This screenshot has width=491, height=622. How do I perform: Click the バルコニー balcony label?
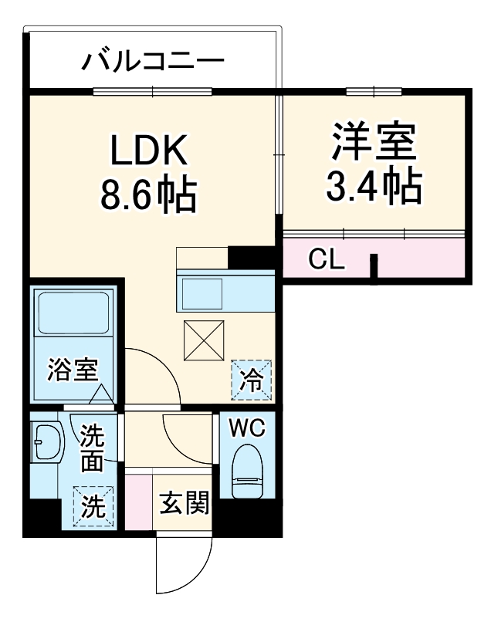point(153,59)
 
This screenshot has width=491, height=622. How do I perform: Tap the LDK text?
point(147,152)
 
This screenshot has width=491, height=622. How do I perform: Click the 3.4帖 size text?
point(374,185)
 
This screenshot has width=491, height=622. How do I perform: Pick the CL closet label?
point(325,259)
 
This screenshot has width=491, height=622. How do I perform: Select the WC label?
point(246,425)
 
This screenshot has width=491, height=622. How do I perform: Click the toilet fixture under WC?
point(248,471)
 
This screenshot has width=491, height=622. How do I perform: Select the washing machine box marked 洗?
point(93,506)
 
